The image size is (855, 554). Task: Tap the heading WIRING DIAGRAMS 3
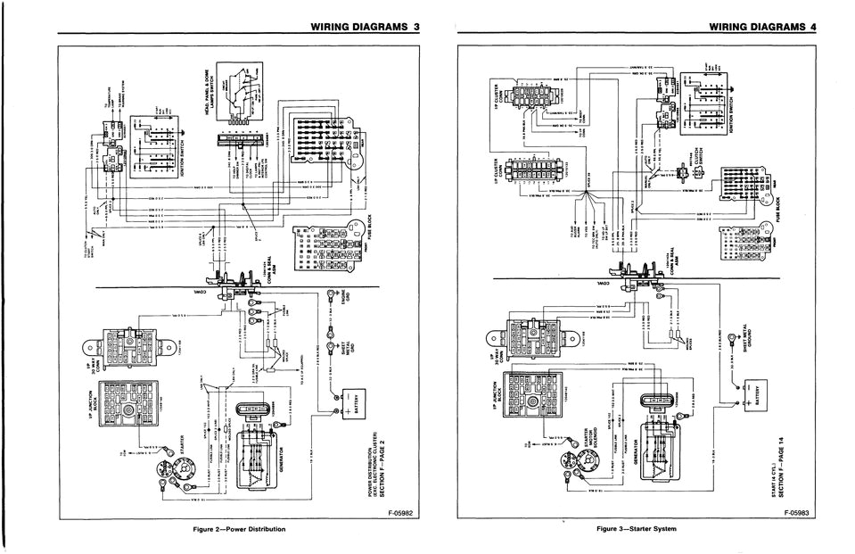click(365, 28)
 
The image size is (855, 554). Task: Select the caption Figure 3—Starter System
click(637, 529)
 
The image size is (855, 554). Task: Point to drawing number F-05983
click(800, 513)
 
